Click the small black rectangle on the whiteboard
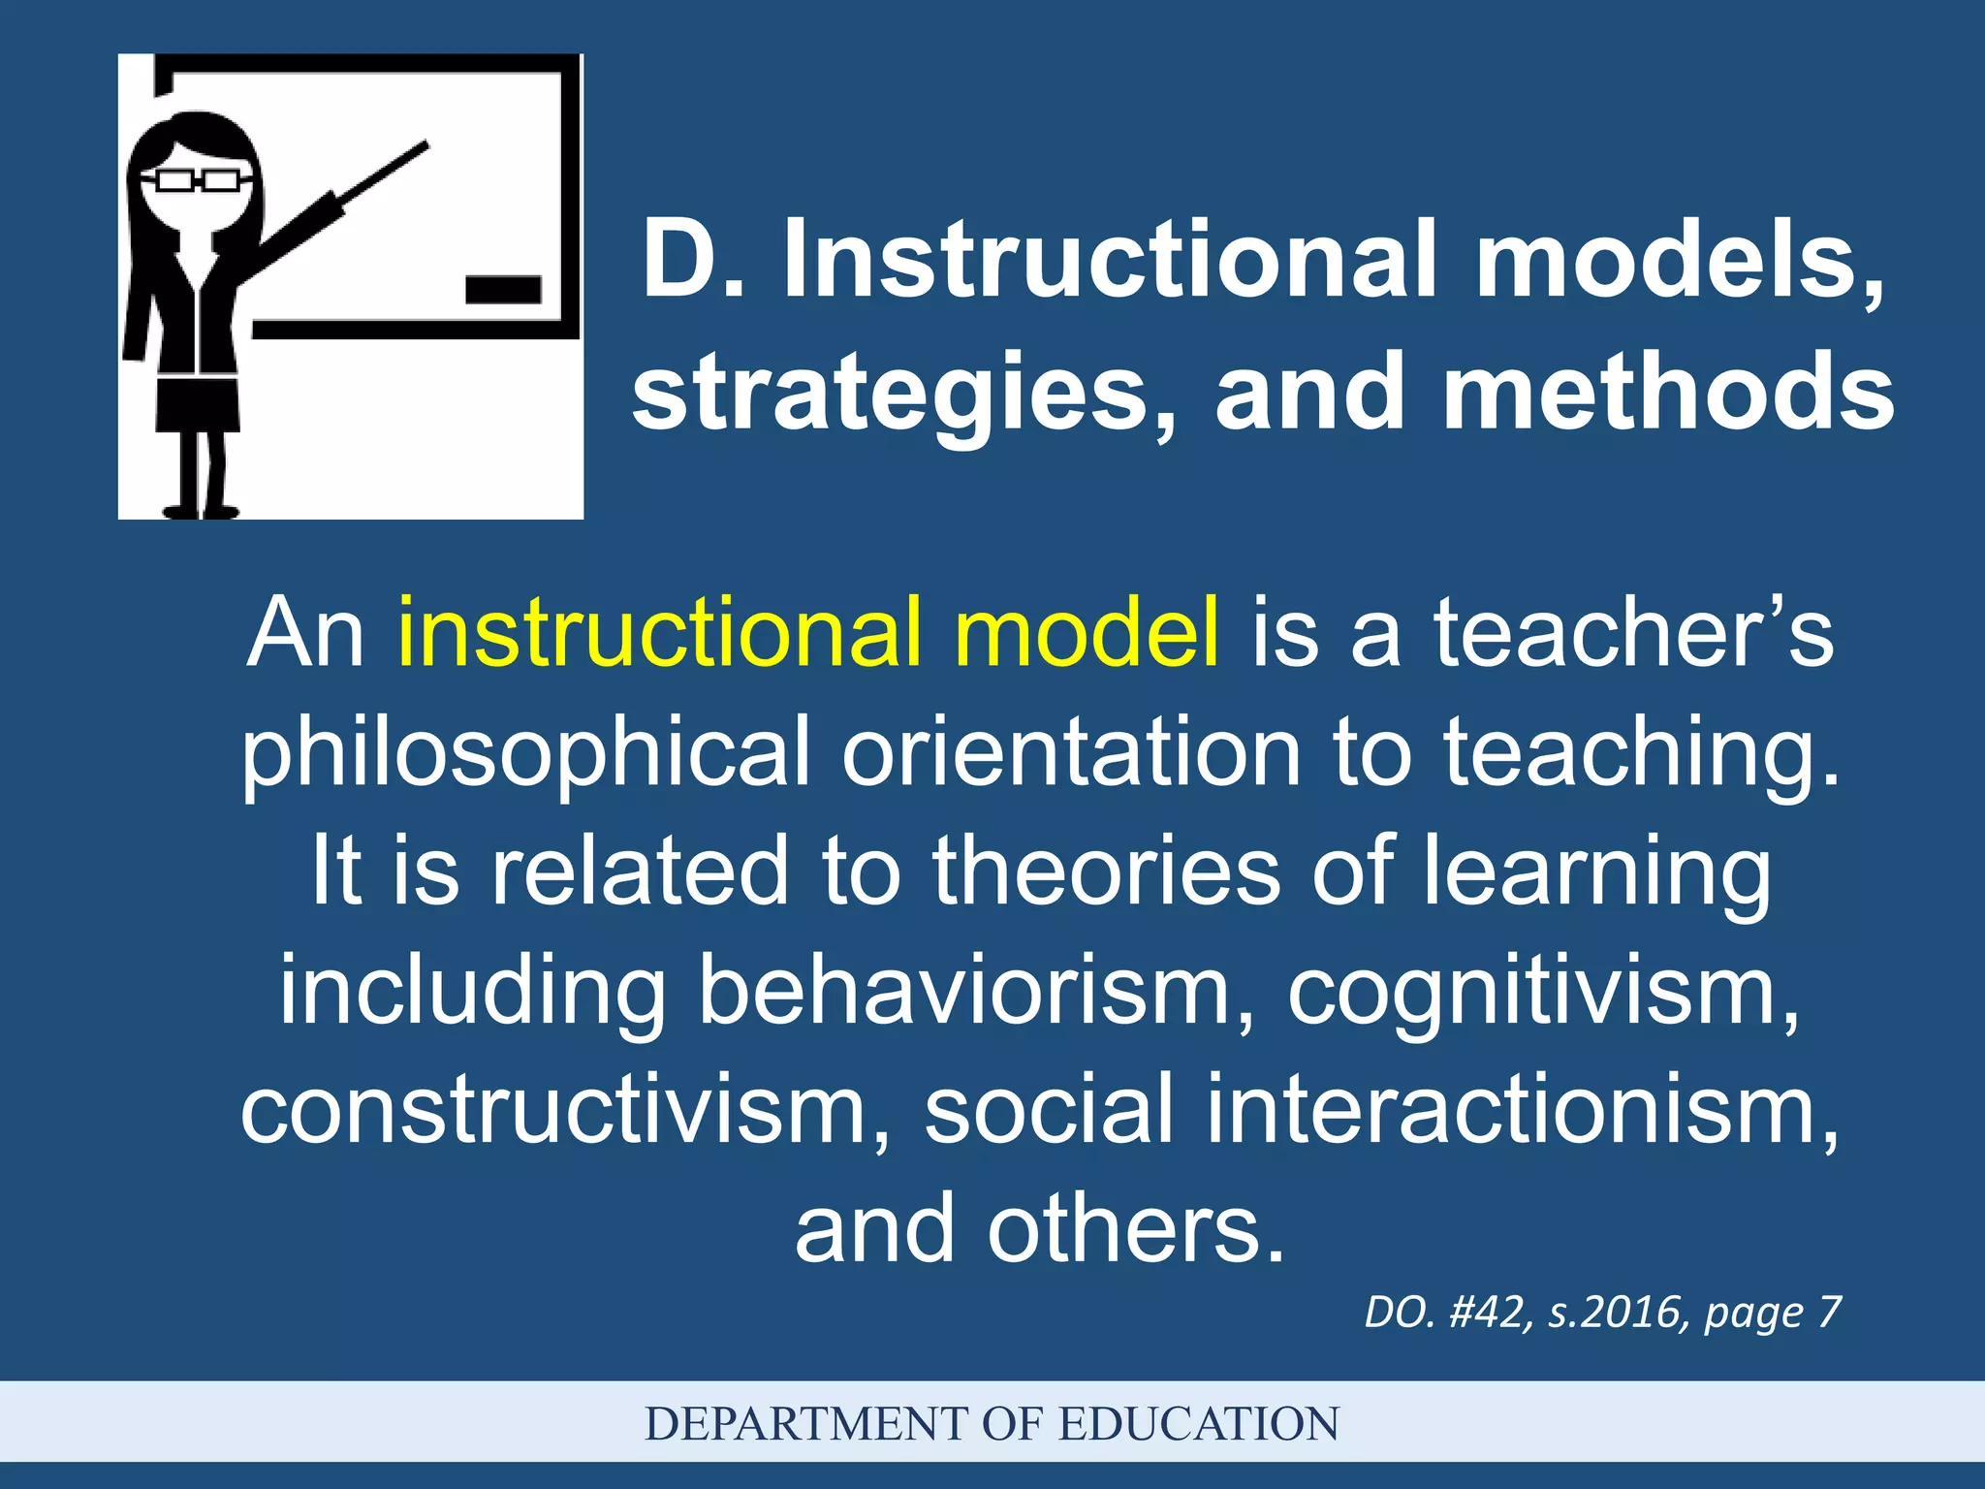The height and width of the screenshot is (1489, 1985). tap(503, 289)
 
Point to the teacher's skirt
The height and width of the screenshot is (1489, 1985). tap(198, 404)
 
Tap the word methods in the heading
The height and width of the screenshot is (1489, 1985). tap(1667, 392)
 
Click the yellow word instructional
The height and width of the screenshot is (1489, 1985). tap(659, 632)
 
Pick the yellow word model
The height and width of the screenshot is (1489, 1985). tap(1087, 632)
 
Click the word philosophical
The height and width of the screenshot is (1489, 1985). tap(524, 754)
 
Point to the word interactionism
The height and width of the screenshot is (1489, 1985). tap(1521, 1110)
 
